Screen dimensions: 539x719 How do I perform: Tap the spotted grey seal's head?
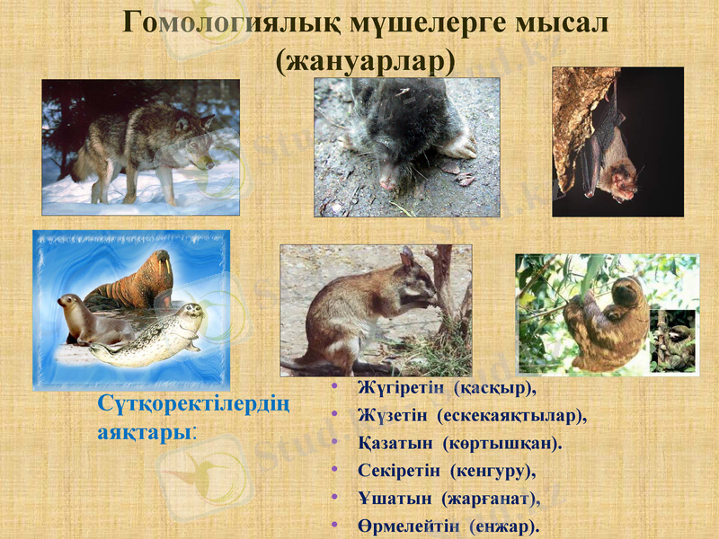[188, 314]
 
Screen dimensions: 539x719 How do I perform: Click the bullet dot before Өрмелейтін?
[335, 524]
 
